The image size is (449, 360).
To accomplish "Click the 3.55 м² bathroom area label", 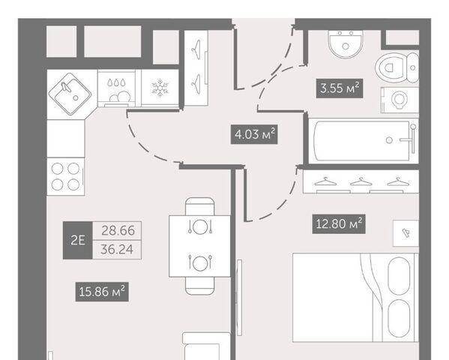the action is (340, 88).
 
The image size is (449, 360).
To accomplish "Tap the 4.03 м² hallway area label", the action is (254, 134).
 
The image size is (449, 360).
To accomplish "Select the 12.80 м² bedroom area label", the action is (339, 223).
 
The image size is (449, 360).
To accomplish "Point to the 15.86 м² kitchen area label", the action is (102, 292).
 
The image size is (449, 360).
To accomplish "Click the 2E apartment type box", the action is (78, 240).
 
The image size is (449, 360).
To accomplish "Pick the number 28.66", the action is (118, 231).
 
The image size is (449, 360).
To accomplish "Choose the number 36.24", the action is (117, 249).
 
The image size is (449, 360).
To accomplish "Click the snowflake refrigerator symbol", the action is (160, 88).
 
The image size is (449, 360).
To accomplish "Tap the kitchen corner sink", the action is (70, 94).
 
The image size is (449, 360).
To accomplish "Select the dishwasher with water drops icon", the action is (116, 88).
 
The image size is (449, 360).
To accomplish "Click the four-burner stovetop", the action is (65, 176).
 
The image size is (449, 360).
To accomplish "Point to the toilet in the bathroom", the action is (397, 68).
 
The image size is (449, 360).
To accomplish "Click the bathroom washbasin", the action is (346, 43).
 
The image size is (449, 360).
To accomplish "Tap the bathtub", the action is (364, 141).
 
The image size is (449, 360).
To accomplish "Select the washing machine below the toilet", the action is (400, 100).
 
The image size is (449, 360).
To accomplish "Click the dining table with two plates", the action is (199, 246).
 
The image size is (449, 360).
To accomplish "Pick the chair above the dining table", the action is (199, 206).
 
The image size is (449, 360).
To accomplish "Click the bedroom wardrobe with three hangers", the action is (361, 181).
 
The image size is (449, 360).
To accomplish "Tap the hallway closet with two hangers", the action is (196, 68).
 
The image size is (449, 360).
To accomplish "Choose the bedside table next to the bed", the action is (406, 233).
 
